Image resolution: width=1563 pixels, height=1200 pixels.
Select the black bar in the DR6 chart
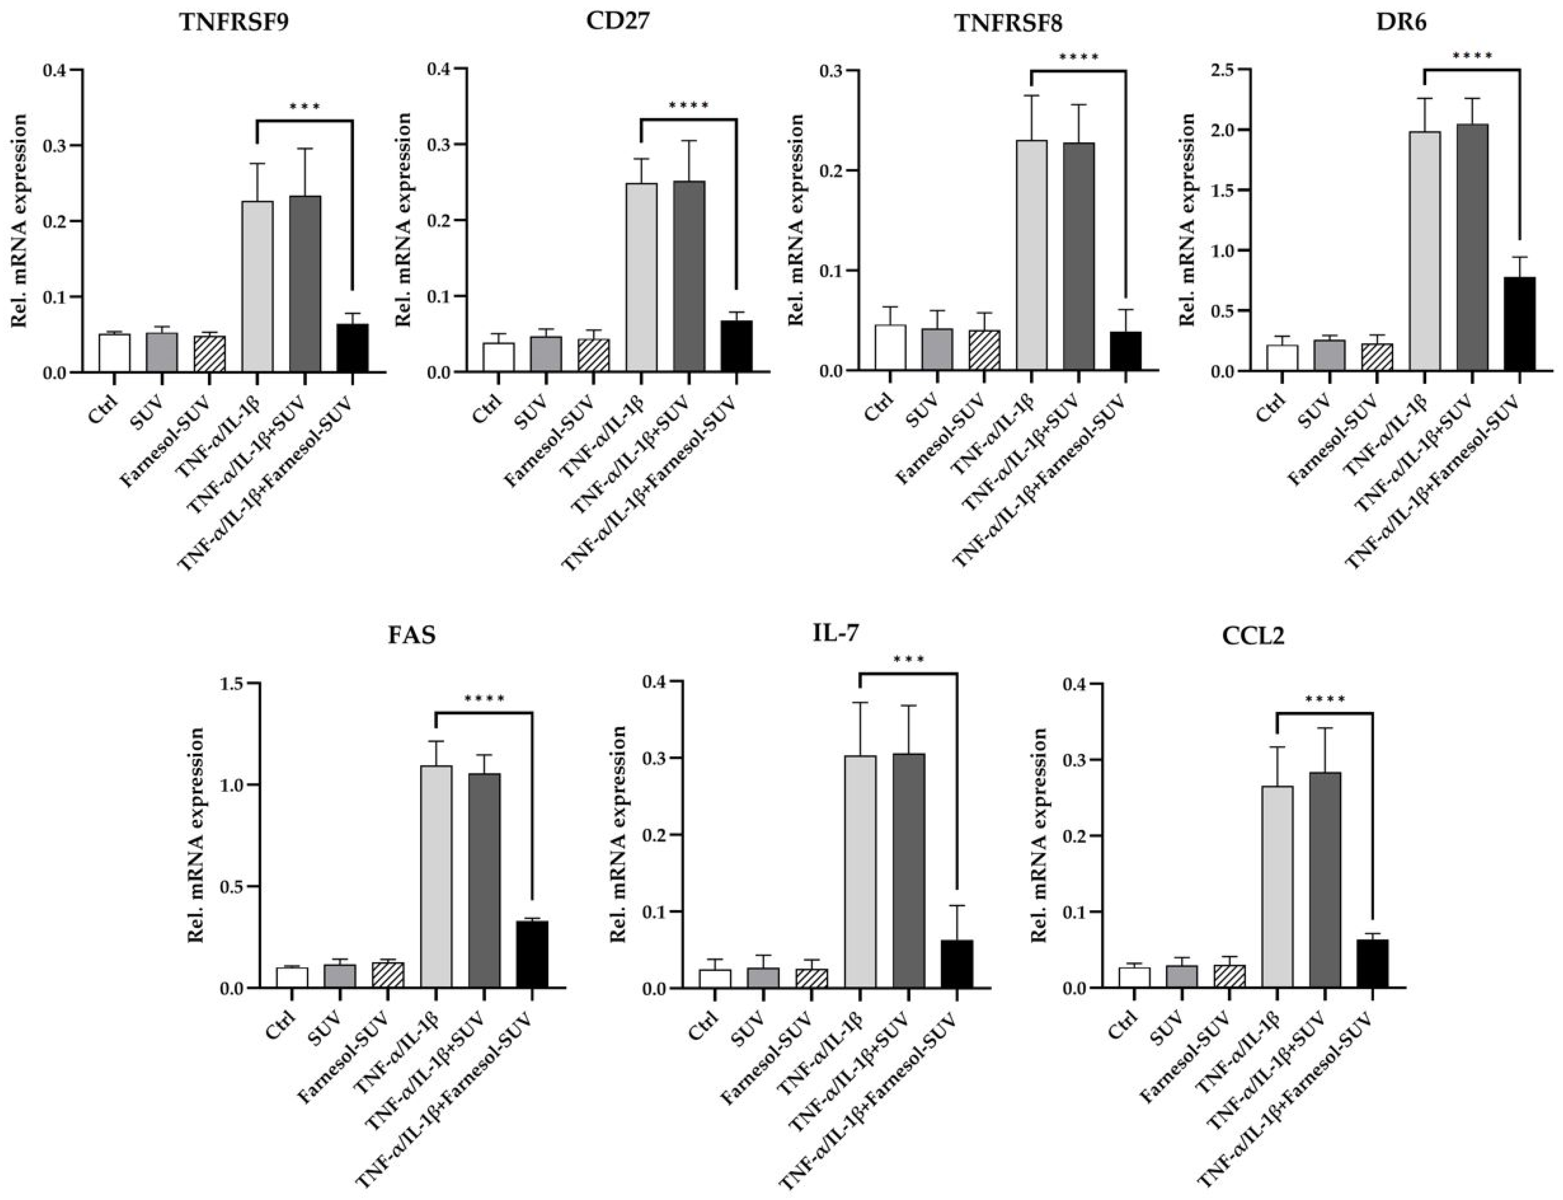(1519, 323)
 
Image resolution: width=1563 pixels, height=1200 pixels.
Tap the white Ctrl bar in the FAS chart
(293, 977)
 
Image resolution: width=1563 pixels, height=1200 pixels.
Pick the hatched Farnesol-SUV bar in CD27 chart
(594, 355)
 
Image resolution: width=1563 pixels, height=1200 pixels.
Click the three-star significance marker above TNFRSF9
(305, 107)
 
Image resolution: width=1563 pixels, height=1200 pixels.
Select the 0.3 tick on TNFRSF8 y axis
(833, 71)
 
